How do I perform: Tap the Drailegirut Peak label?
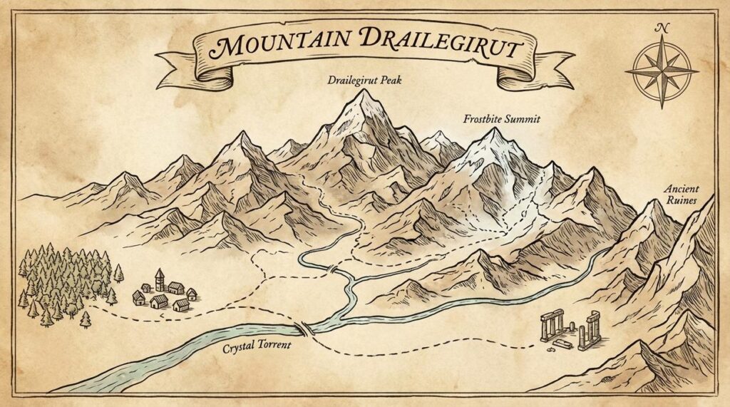(364, 81)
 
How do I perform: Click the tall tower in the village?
(160, 279)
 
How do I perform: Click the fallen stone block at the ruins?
(562, 344)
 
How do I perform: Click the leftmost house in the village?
(138, 297)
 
